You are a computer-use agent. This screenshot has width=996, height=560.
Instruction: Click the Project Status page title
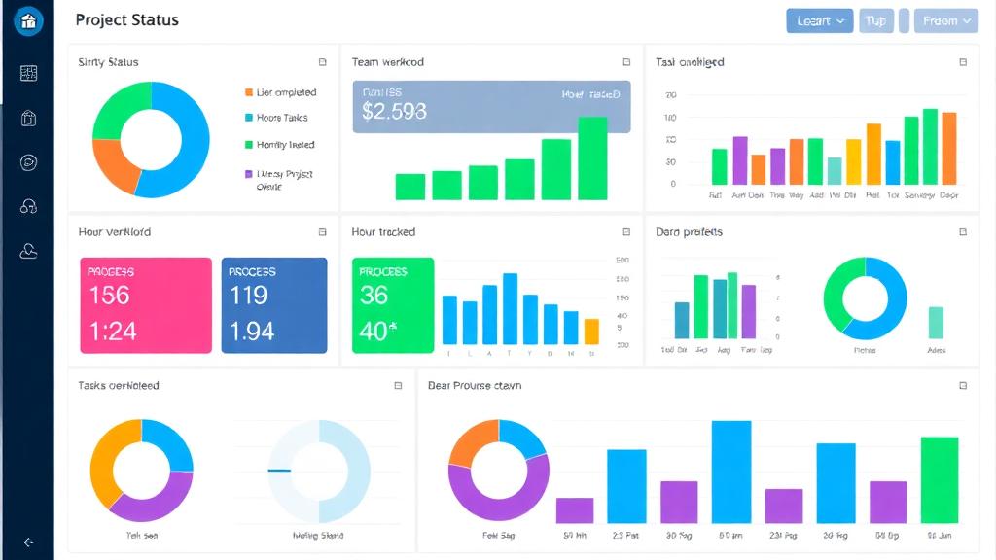pos(126,20)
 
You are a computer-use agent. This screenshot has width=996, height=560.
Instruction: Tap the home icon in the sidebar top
pos(28,20)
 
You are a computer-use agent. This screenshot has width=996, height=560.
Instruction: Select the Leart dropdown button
pos(819,20)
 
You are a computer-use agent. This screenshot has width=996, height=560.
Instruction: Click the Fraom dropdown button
pos(945,20)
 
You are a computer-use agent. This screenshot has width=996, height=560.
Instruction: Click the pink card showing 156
pos(146,305)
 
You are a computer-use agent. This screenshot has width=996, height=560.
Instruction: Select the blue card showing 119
pos(274,305)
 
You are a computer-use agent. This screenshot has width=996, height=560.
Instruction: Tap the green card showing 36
pos(393,305)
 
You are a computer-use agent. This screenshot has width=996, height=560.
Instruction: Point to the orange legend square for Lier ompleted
pos(249,92)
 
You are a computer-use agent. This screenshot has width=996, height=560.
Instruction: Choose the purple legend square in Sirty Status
pos(249,175)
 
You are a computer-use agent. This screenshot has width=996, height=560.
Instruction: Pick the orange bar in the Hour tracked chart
pos(591,332)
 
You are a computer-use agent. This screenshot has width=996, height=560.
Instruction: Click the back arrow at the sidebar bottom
pos(28,542)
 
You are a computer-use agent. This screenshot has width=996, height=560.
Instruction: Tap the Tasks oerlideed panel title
pos(119,386)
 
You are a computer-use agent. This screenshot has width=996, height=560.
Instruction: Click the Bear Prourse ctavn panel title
pos(475,386)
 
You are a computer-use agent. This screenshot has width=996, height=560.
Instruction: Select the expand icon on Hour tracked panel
pos(626,232)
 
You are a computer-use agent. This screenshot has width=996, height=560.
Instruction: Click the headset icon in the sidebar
pos(28,206)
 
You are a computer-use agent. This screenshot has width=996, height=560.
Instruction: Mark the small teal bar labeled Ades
pos(936,323)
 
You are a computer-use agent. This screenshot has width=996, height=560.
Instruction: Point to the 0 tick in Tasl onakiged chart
pos(672,184)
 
